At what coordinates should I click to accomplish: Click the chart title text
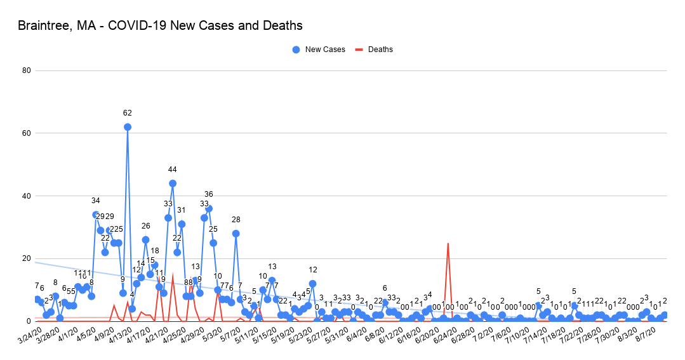click(160, 26)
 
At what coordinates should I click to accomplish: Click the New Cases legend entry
click(319, 50)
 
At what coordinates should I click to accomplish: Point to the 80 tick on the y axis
click(27, 70)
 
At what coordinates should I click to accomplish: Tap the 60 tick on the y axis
click(27, 133)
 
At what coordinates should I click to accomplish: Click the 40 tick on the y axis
click(27, 196)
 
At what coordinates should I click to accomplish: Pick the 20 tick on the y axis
click(27, 258)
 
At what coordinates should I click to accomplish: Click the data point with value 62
click(128, 127)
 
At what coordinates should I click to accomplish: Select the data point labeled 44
click(173, 183)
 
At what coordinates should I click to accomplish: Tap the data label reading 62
click(128, 113)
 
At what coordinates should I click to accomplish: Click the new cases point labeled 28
click(236, 234)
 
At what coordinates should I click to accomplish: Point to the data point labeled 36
click(209, 208)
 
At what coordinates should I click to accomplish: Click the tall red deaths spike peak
click(448, 243)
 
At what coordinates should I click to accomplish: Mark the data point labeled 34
click(96, 215)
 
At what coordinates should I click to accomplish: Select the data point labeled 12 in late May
click(312, 284)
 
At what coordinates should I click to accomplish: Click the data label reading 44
click(173, 170)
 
